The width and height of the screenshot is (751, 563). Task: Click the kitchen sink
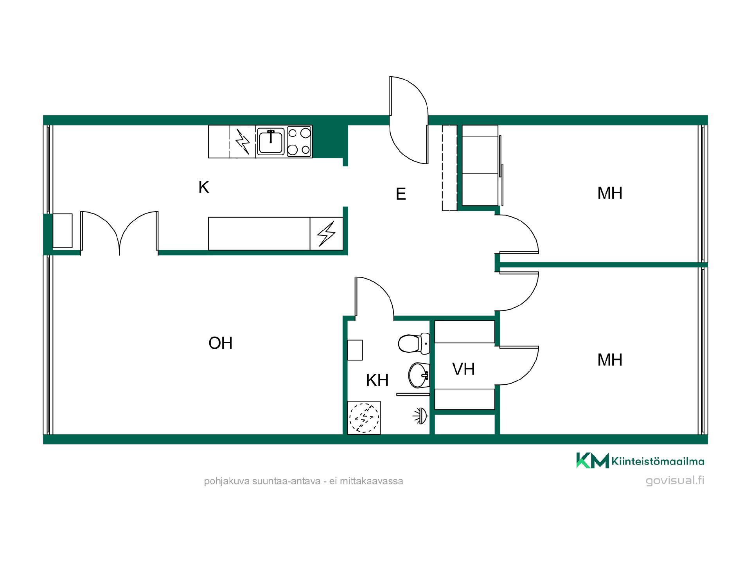(271, 142)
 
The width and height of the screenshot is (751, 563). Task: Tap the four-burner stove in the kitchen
(299, 141)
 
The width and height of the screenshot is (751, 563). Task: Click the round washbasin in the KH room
(419, 375)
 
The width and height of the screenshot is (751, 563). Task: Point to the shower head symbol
(421, 416)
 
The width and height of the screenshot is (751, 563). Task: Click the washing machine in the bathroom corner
(364, 418)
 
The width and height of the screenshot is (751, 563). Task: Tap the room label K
(204, 187)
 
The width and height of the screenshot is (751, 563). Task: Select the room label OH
(221, 343)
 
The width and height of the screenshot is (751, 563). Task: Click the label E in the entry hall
(401, 194)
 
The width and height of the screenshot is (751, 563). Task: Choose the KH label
(377, 380)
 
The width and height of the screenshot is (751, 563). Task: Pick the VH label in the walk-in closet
(464, 369)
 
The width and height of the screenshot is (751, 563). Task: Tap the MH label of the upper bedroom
(610, 193)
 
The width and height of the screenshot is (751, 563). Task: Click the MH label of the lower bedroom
(610, 360)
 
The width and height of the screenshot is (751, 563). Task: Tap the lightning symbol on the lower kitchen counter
(326, 234)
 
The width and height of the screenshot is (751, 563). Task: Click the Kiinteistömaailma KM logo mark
(593, 461)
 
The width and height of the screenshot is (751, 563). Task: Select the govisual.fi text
(675, 480)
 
